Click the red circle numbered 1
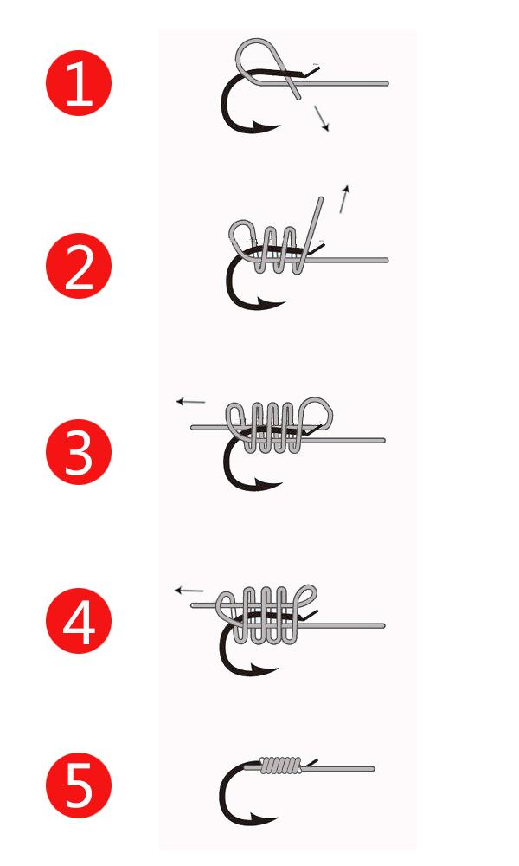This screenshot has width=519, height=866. (x=79, y=83)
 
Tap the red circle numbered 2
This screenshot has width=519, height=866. (x=79, y=266)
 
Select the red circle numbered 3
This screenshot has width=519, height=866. (x=79, y=452)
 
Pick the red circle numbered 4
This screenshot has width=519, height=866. (x=79, y=621)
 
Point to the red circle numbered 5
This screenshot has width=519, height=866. (x=79, y=785)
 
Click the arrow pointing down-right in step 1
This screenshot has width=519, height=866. (x=322, y=118)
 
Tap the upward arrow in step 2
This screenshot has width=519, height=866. (x=344, y=199)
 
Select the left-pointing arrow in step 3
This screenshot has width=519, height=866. (x=191, y=402)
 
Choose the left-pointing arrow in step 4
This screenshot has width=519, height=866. (x=189, y=591)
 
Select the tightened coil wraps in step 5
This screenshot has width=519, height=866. (x=281, y=765)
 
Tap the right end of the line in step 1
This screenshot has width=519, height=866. (x=388, y=83)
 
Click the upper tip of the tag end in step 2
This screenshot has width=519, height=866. (x=321, y=197)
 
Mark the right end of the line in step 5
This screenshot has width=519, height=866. (x=374, y=769)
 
